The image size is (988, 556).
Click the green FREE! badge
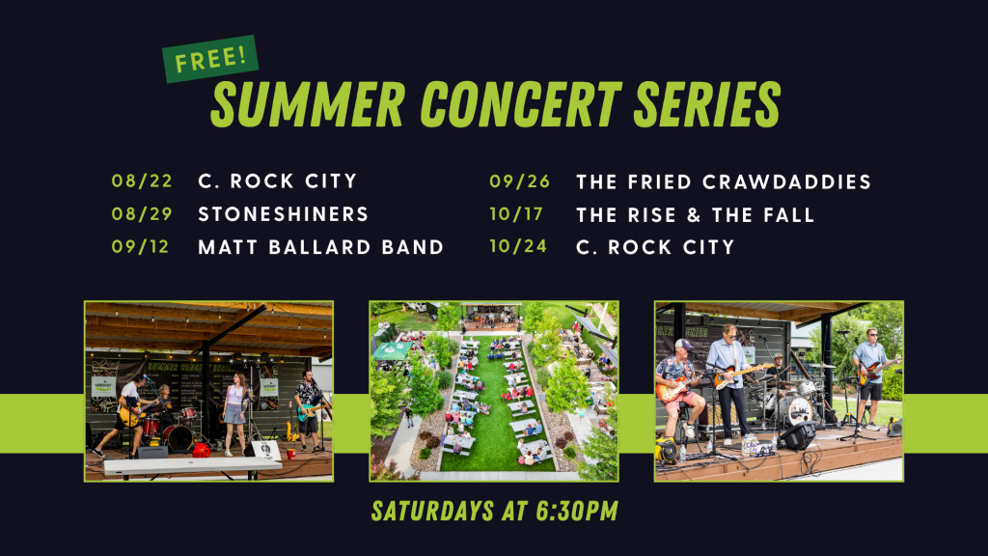pyautogui.click(x=209, y=59)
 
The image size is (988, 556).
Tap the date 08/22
pyautogui.click(x=142, y=181)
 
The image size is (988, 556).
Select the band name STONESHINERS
pyautogui.click(x=283, y=213)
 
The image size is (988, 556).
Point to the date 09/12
pyautogui.click(x=141, y=246)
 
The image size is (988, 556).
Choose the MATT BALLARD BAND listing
pyautogui.click(x=320, y=246)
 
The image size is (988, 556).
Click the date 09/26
pyautogui.click(x=520, y=181)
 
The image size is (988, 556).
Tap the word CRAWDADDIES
pyautogui.click(x=786, y=182)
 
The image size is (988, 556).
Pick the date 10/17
pyautogui.click(x=516, y=214)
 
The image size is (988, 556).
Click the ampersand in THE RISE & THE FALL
pyautogui.click(x=694, y=215)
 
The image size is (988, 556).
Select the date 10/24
pyautogui.click(x=518, y=246)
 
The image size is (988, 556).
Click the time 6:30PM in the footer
pyautogui.click(x=577, y=511)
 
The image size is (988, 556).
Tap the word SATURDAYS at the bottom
pyautogui.click(x=432, y=511)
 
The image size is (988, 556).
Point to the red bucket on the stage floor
pyautogui.click(x=201, y=450)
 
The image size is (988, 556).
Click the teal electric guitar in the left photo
pyautogui.click(x=312, y=410)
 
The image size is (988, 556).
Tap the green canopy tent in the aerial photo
pyautogui.click(x=392, y=350)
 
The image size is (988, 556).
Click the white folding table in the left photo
pyautogui.click(x=192, y=465)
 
